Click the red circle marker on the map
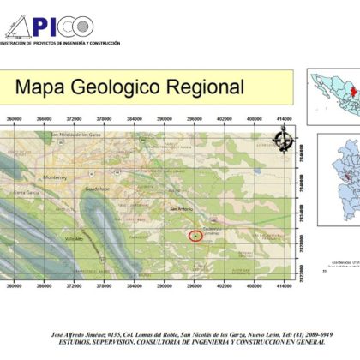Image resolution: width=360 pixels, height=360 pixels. (195, 235)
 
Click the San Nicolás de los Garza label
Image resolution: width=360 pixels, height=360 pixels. (84, 135)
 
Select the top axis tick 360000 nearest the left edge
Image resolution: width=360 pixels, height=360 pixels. (13, 120)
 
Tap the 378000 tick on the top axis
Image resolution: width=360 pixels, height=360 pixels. (104, 120)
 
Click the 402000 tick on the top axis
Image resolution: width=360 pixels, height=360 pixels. (225, 120)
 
